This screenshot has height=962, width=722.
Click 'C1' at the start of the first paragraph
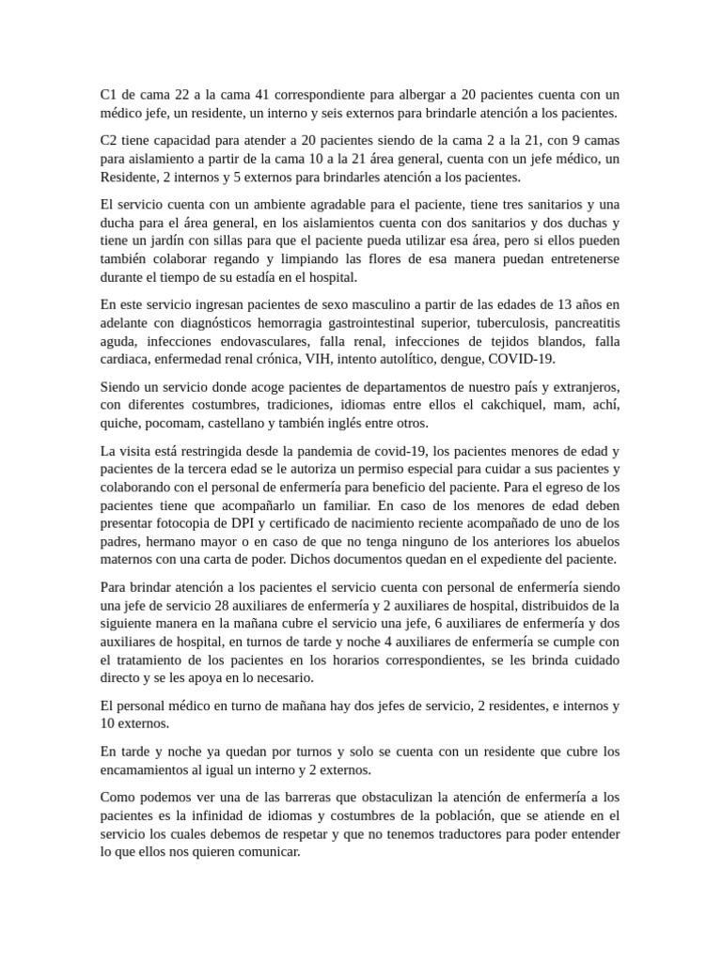(109, 95)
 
